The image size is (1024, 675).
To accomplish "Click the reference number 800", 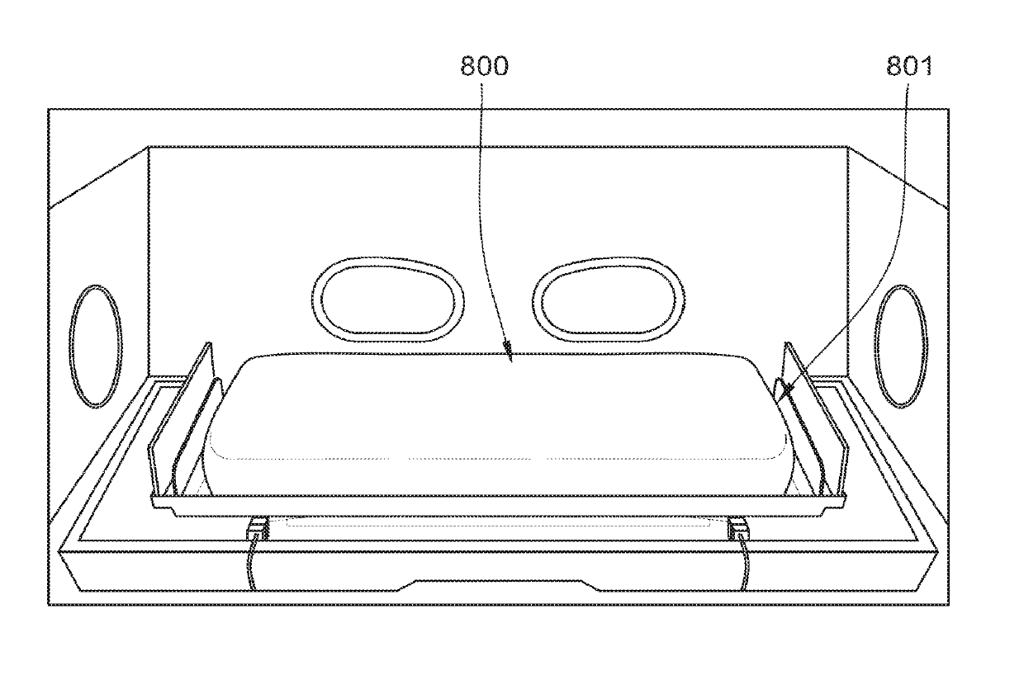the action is pos(484,66).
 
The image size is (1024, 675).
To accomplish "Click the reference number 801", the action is pos(909,66).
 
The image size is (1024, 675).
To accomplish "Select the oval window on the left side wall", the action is pos(96,347).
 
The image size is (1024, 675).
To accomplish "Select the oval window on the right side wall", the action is pos(901,347).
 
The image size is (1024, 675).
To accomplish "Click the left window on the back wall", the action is pos(388,300).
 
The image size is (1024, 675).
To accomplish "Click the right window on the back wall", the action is pos(609,300).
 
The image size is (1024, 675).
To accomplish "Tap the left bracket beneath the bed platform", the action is pos(258,528).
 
